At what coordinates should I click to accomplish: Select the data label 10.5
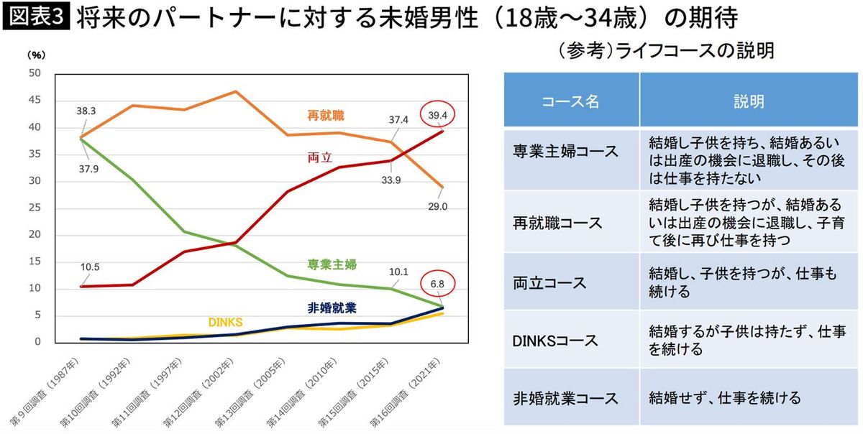90,267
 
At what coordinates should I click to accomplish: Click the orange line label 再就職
324,115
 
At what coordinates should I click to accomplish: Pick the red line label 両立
319,158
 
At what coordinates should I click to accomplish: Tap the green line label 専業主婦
331,264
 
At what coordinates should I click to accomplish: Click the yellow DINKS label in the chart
226,321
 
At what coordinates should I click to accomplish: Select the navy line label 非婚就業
332,308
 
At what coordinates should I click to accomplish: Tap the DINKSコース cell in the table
556,340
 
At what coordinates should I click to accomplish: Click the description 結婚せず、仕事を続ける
724,397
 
